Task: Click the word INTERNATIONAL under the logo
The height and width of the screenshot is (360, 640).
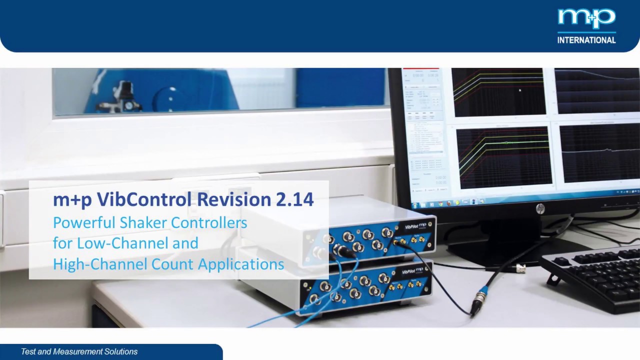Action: point(586,40)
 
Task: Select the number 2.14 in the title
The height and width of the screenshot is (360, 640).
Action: point(294,199)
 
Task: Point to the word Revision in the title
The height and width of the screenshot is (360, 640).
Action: point(234,199)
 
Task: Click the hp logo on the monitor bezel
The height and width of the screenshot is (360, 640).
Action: point(540,208)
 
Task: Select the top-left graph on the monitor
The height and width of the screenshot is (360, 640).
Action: point(498,92)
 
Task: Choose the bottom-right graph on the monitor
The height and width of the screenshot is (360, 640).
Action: point(599,153)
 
